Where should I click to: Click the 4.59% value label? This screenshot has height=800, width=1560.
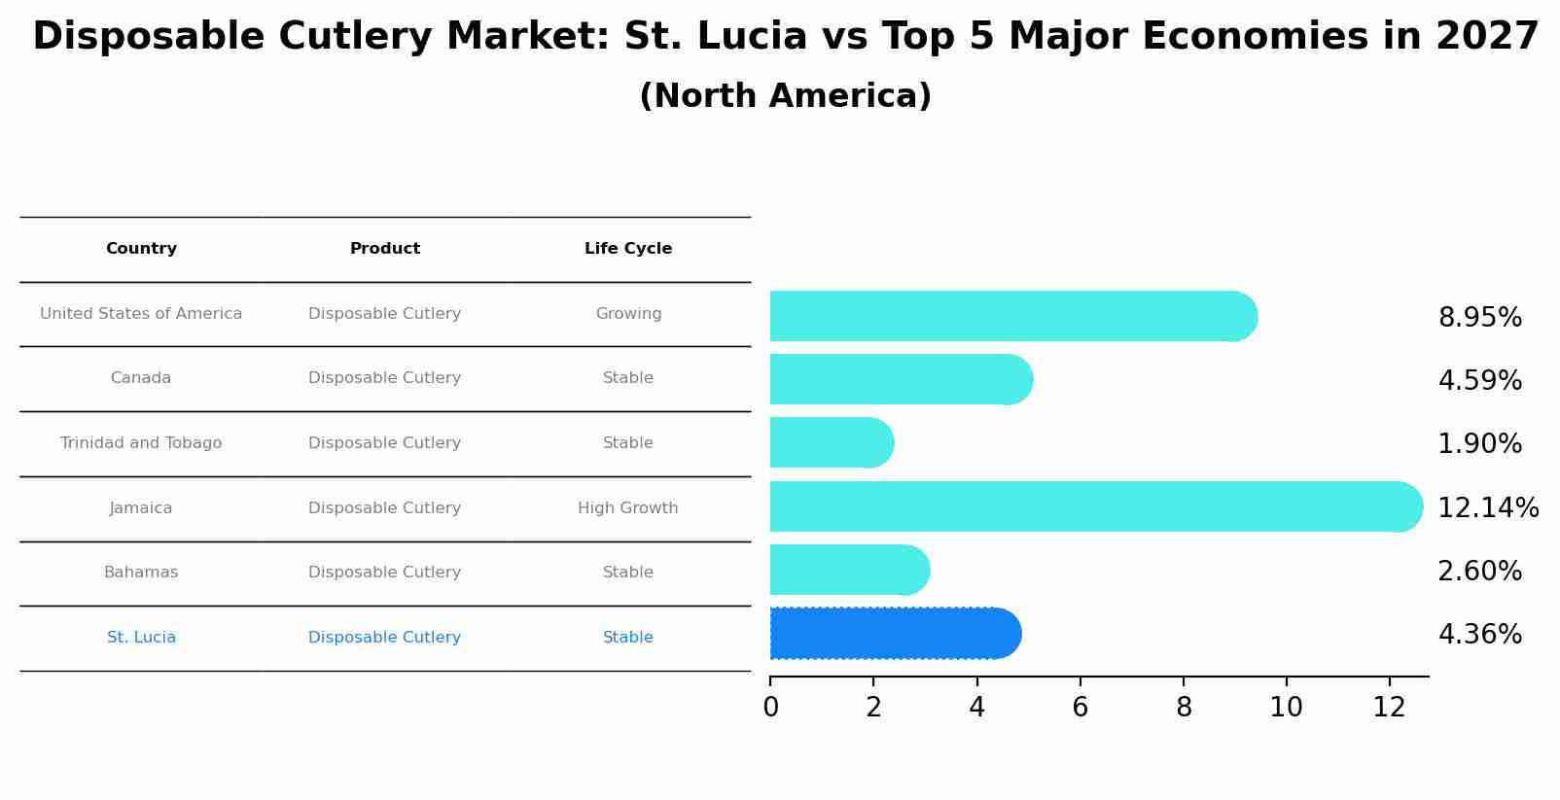pyautogui.click(x=1479, y=380)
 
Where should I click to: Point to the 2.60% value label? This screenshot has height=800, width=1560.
pyautogui.click(x=1479, y=571)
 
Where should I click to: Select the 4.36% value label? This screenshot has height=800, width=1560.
pyautogui.click(x=1479, y=635)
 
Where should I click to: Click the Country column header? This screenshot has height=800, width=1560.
pyautogui.click(x=141, y=249)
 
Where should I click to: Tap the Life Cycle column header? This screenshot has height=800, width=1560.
pyautogui.click(x=628, y=249)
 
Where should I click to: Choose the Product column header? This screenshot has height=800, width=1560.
pyautogui.click(x=385, y=249)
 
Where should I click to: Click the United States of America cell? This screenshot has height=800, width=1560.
pyautogui.click(x=141, y=314)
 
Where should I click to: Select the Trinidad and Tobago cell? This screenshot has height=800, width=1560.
pyautogui.click(x=141, y=443)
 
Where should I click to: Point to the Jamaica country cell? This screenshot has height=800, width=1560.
pyautogui.click(x=141, y=508)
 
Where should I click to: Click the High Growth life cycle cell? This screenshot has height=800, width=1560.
pyautogui.click(x=628, y=508)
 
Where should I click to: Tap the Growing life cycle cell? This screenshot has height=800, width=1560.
pyautogui.click(x=628, y=314)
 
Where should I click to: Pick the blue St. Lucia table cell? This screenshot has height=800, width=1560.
pyautogui.click(x=141, y=638)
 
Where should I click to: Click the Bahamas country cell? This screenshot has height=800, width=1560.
pyautogui.click(x=141, y=573)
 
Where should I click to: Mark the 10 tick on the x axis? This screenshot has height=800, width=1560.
pyautogui.click(x=1286, y=708)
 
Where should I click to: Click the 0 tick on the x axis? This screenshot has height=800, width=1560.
pyautogui.click(x=770, y=708)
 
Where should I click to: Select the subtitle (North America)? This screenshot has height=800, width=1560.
pyautogui.click(x=785, y=96)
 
